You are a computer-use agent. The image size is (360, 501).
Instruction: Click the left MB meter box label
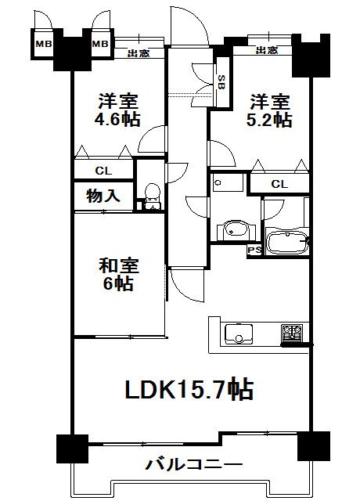point(44,44)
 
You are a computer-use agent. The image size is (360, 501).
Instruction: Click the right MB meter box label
point(101,44)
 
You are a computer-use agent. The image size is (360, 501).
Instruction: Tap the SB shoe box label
point(221,82)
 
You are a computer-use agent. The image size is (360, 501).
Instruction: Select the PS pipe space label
point(254,250)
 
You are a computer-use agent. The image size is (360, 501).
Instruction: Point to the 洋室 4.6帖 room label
point(117,110)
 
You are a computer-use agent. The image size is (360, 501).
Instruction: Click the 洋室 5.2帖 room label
point(269,110)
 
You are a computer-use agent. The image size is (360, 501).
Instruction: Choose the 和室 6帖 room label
point(118,275)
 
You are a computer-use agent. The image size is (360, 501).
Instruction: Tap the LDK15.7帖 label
point(189,389)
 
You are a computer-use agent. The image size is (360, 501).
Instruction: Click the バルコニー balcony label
point(194,464)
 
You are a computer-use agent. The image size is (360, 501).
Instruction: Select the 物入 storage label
point(103,195)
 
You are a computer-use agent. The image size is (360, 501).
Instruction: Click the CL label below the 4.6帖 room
point(103,171)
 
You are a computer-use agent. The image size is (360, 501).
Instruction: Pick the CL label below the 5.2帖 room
point(279,184)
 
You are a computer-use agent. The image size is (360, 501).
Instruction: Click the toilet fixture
point(152,196)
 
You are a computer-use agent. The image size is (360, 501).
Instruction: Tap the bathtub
point(287,242)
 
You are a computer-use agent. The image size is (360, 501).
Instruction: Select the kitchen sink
point(238,334)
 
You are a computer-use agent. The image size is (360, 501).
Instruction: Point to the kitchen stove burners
point(292,333)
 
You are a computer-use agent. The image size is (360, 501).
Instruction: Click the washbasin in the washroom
point(236,230)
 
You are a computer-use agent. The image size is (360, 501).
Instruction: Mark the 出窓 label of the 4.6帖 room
point(139,53)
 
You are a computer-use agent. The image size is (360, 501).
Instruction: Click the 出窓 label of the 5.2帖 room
point(267,50)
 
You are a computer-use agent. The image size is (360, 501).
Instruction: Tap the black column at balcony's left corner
point(72,449)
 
